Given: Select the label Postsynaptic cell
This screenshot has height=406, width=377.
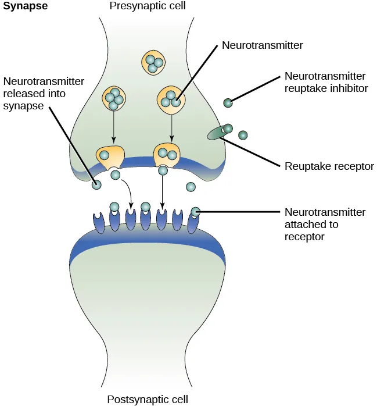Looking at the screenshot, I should tap(147, 399).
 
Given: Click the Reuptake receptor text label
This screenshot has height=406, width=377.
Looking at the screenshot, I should tap(329, 166).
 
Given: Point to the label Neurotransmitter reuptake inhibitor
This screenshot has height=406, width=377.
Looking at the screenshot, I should tap(325, 83).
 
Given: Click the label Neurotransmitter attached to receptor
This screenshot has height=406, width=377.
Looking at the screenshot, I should tap(325, 225).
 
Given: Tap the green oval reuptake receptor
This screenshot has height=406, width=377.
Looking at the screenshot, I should tap(218, 133).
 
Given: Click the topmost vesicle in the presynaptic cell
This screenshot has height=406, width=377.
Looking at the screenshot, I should tap(153, 63).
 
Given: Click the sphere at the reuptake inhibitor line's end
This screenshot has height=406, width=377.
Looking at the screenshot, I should tap(228, 103).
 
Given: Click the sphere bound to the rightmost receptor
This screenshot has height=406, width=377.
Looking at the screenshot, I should tap(196, 212).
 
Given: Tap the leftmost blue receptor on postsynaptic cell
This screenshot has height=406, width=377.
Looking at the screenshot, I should tap(99, 223).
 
